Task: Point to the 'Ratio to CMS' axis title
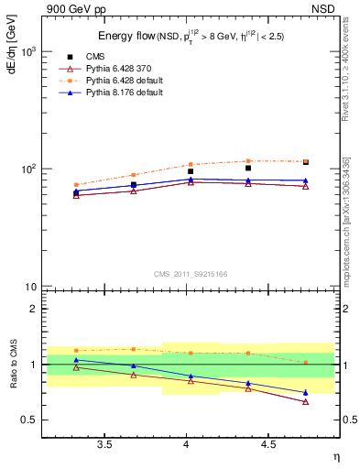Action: (x=12, y=363)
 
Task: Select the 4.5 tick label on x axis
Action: (x=268, y=444)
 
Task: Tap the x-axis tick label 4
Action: (x=187, y=444)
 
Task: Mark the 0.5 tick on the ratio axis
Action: (x=28, y=420)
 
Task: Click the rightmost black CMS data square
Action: (x=306, y=162)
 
